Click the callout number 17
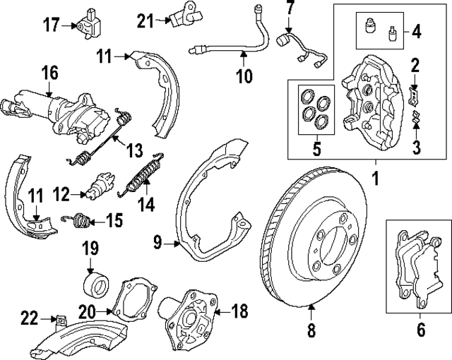[x=52, y=26]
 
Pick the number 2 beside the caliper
[x=416, y=66]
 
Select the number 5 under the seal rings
[x=316, y=149]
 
